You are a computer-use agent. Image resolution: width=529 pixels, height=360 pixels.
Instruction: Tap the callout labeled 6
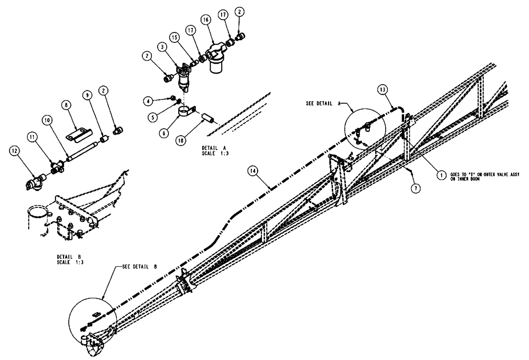[x=165, y=133]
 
